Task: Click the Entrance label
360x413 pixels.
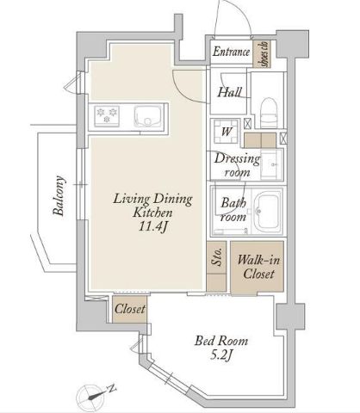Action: click(231, 52)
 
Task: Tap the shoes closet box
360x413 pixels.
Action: click(262, 54)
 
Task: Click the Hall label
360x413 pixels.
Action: click(229, 92)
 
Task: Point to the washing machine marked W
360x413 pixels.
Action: click(227, 131)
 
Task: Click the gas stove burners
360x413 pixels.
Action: click(107, 115)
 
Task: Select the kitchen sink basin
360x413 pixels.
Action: click(147, 115)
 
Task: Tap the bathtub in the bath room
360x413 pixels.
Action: click(268, 212)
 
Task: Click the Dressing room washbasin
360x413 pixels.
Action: click(271, 164)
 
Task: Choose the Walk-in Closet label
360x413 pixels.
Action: click(258, 267)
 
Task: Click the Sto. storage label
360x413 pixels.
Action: click(217, 256)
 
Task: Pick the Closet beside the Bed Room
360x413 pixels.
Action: click(130, 309)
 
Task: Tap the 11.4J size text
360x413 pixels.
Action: click(152, 226)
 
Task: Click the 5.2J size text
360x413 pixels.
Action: click(221, 355)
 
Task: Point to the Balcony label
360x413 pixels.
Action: click(59, 195)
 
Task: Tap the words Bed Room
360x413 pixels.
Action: click(221, 341)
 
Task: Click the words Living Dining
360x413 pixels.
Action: click(152, 199)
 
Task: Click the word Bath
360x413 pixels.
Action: click(233, 203)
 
